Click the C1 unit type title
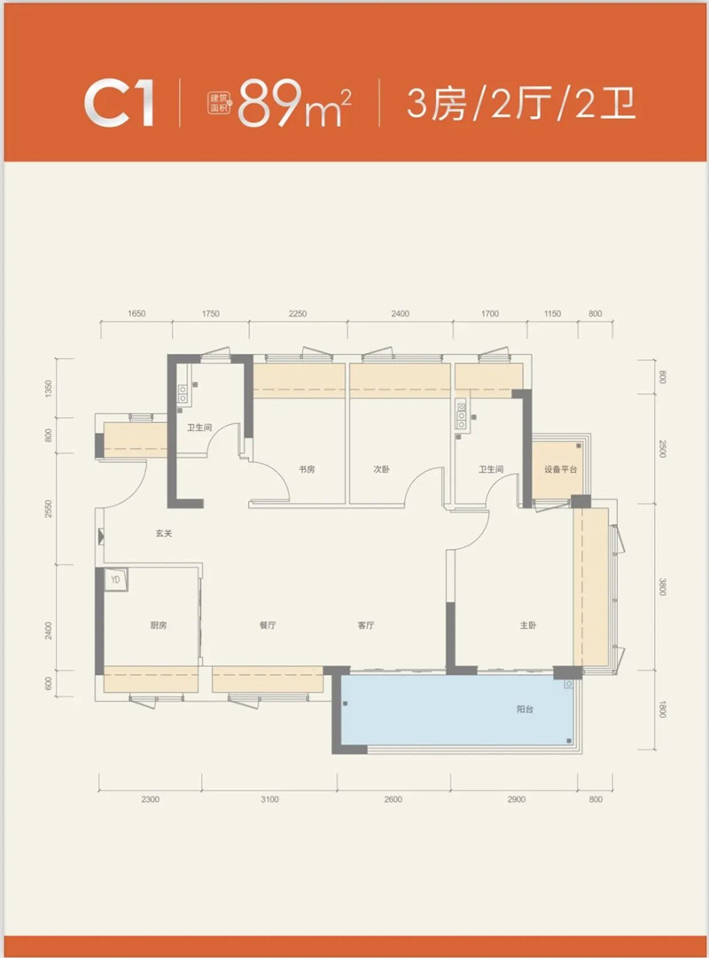coord(119,103)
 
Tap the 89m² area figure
coord(294,103)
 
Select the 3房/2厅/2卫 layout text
coord(521,103)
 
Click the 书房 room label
coord(307,469)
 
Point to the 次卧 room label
coord(382,469)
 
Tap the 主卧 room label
coord(528,625)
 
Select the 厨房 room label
coord(159,625)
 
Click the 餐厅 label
coord(268,625)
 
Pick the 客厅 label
coord(366,625)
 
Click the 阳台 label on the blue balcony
coord(526,710)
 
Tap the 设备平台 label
coord(561,469)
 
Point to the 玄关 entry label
coord(164,533)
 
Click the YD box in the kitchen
coord(115,580)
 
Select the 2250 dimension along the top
coord(298,313)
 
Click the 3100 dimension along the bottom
coord(269,799)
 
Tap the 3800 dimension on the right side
coord(663,587)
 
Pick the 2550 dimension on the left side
coord(48,508)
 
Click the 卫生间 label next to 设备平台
coord(491,469)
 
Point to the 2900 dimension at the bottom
coord(516,799)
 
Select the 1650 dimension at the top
coord(136,313)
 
